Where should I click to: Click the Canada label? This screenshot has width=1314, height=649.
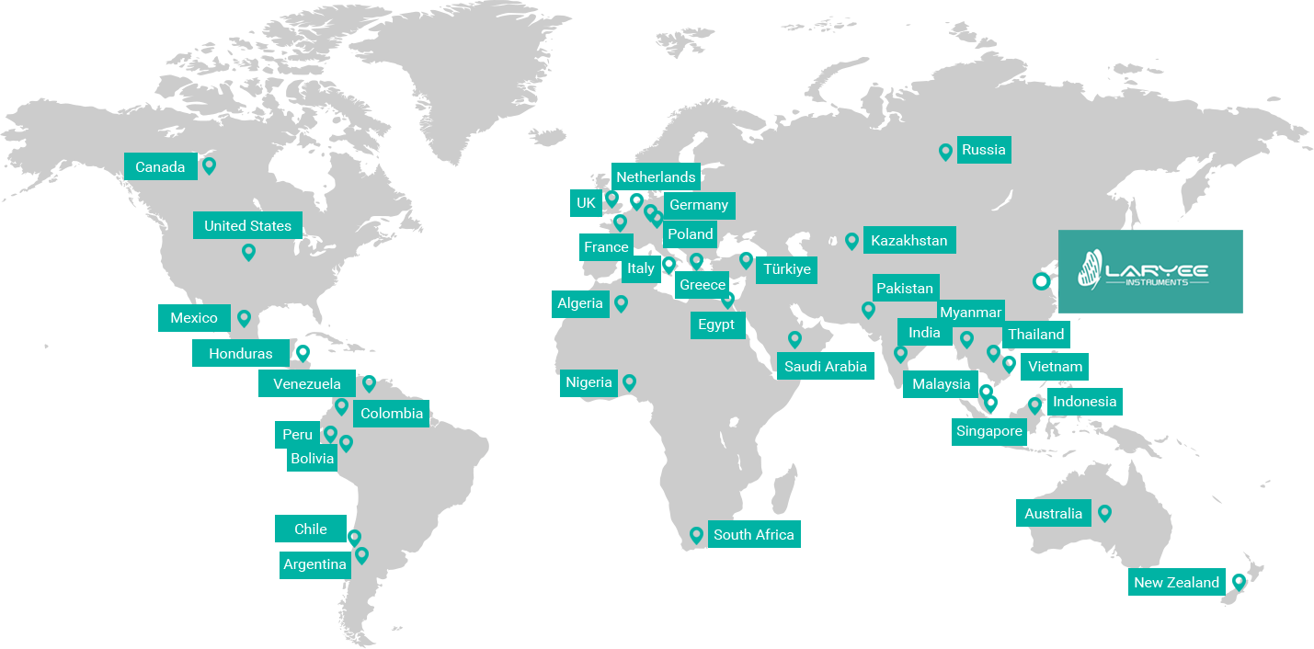pyautogui.click(x=160, y=166)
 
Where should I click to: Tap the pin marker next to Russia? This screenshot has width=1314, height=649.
pyautogui.click(x=944, y=152)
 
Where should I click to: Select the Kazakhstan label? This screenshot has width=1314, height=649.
pyautogui.click(x=908, y=241)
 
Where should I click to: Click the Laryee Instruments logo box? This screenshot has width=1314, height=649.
pyautogui.click(x=1149, y=271)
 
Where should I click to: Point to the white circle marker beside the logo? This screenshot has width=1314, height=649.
pyautogui.click(x=1041, y=281)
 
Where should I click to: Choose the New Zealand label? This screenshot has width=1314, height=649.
pyautogui.click(x=1176, y=582)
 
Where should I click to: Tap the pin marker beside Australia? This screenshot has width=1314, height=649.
pyautogui.click(x=1104, y=513)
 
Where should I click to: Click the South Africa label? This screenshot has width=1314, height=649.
pyautogui.click(x=753, y=534)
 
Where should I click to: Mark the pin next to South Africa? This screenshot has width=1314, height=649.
pyautogui.click(x=696, y=534)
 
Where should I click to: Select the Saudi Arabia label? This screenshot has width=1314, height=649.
pyautogui.click(x=825, y=366)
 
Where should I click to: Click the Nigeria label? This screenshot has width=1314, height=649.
pyautogui.click(x=588, y=382)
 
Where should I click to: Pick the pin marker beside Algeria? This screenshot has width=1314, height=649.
pyautogui.click(x=622, y=302)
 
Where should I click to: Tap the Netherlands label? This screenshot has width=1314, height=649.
pyautogui.click(x=656, y=176)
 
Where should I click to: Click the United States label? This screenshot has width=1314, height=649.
pyautogui.click(x=247, y=225)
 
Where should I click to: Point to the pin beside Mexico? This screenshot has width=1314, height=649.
pyautogui.click(x=244, y=318)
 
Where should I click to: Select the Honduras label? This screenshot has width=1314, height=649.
pyautogui.click(x=240, y=353)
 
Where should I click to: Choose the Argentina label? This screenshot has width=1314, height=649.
pyautogui.click(x=314, y=564)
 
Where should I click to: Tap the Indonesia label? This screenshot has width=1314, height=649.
pyautogui.click(x=1084, y=402)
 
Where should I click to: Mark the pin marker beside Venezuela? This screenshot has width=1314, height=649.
pyautogui.click(x=369, y=382)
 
